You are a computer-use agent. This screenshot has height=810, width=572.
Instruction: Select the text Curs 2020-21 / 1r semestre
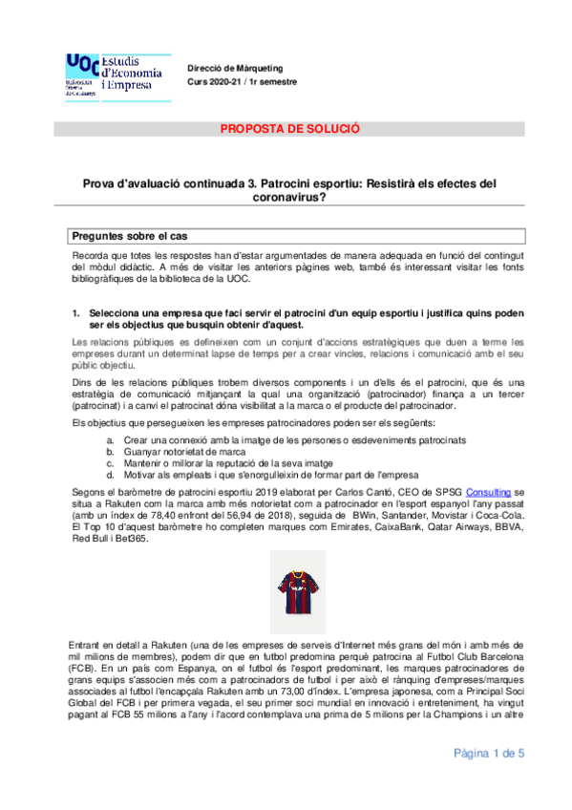pyautogui.click(x=242, y=82)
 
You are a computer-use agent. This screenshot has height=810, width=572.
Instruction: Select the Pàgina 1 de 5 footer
pyautogui.click(x=489, y=754)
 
